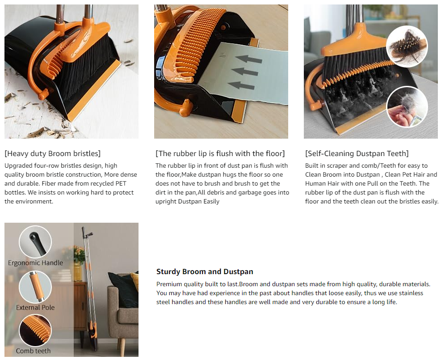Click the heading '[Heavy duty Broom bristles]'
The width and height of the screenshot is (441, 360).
pos(53,153)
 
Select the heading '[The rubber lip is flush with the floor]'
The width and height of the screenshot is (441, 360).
pos(220,153)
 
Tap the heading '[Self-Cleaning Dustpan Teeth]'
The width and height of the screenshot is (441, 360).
pos(357,153)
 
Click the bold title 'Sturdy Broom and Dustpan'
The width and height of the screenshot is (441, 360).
pos(205,271)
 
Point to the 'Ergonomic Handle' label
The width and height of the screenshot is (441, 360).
pos(35,263)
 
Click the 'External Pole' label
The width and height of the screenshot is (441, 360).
pos(35,308)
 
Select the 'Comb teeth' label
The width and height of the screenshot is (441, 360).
pos(33,351)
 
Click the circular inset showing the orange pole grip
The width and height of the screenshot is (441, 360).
pos(35,287)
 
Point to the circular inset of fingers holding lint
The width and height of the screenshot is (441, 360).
pos(407,107)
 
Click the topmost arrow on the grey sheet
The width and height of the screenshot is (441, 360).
pos(248,59)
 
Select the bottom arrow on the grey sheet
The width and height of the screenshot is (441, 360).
pos(241,85)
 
